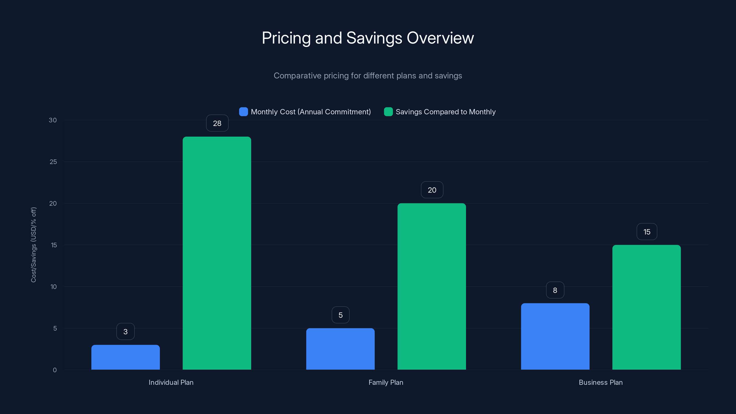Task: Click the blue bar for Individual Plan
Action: coord(125,357)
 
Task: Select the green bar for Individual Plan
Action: coord(217,253)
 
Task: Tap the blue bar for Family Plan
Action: coord(340,349)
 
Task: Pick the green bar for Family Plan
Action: coord(431,286)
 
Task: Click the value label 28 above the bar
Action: coord(217,123)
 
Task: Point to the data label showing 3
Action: coord(125,331)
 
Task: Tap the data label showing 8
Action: coord(555,290)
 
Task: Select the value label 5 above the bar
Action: coord(340,315)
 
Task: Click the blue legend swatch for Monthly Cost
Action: coord(243,112)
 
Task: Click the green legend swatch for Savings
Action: coord(388,112)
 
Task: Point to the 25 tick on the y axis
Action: coord(53,162)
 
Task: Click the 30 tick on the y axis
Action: coord(53,120)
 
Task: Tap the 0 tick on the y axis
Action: coord(55,370)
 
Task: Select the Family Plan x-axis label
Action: coord(386,382)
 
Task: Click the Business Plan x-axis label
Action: coord(601,382)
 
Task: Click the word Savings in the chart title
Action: coord(374,38)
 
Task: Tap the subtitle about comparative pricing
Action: coord(368,76)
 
